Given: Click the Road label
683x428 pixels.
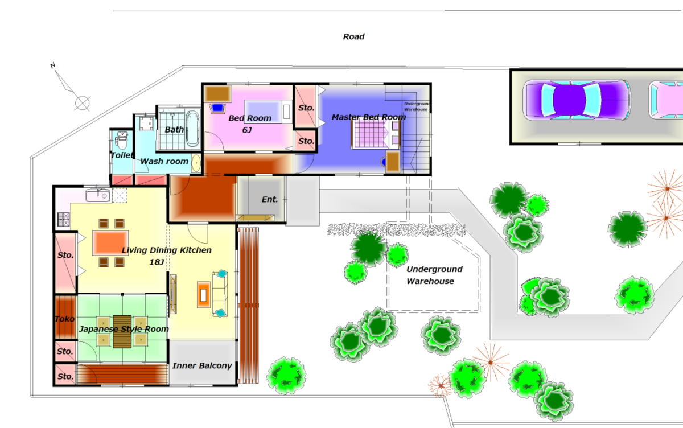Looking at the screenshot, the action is click(x=353, y=36).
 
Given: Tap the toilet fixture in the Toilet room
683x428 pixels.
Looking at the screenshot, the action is click(x=122, y=141).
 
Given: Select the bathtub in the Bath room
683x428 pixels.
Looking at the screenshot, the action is click(x=193, y=129).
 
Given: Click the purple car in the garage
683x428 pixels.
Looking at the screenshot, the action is click(x=576, y=100).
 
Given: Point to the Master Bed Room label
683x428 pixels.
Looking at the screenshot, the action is click(x=369, y=117).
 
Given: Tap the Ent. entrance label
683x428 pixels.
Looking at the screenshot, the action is click(x=270, y=199).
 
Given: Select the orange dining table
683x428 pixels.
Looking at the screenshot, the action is click(x=110, y=242).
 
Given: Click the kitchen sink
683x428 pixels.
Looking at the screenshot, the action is click(x=98, y=195).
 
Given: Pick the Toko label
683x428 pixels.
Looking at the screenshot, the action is click(x=65, y=319).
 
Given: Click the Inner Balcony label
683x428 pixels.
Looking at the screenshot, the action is click(x=202, y=365).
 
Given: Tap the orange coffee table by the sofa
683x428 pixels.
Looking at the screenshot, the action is click(x=204, y=295).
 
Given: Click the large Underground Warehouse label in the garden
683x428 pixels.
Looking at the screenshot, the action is click(x=434, y=275).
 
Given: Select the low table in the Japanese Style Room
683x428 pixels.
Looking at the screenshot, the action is click(x=122, y=332).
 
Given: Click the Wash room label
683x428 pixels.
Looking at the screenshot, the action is click(x=164, y=161).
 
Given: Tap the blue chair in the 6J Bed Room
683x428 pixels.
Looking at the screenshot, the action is click(x=217, y=108).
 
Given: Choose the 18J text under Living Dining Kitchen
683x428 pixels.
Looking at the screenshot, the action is click(x=157, y=262).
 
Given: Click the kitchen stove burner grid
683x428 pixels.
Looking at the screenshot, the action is click(x=63, y=219).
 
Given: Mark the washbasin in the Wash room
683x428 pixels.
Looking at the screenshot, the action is click(x=196, y=163).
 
